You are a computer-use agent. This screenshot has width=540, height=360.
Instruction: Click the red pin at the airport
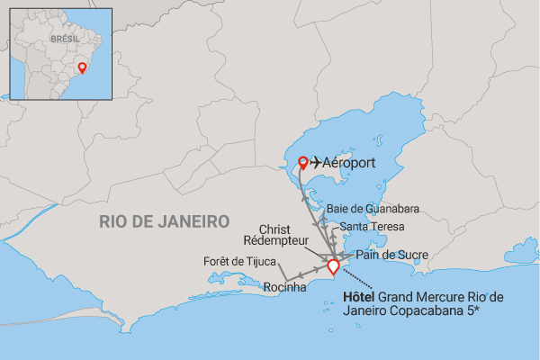pyautogui.click(x=303, y=163)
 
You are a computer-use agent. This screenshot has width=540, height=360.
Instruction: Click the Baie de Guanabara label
pyautogui.click(x=373, y=210)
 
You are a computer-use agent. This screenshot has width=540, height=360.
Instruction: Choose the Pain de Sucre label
pyautogui.click(x=386, y=255)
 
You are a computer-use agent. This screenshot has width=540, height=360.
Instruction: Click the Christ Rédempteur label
pyautogui.click(x=285, y=236)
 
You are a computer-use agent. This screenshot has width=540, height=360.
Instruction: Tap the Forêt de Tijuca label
pyautogui.click(x=241, y=262)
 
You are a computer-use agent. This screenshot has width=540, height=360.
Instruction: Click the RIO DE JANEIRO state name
pyautogui.click(x=166, y=220)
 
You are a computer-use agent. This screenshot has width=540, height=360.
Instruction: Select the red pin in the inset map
pyautogui.click(x=83, y=67)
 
